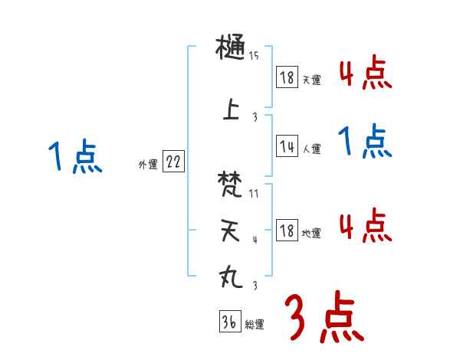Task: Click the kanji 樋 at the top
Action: point(231,51)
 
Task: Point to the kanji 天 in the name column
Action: point(231,232)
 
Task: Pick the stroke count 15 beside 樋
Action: point(254,56)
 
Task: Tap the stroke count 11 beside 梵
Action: point(254,193)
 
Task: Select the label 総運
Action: point(255,325)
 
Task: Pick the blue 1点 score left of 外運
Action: point(75,157)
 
